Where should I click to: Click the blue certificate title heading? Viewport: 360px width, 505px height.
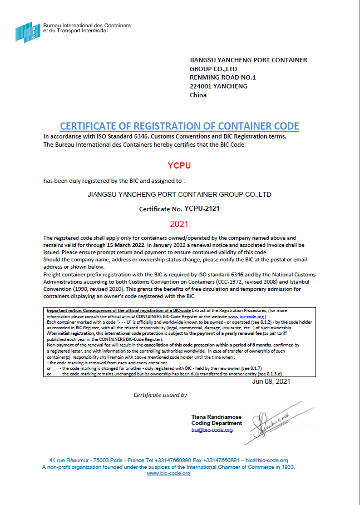click(179, 126)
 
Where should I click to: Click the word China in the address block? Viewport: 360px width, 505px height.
click(198, 95)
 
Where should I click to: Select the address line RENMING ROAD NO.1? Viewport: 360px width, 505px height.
click(223, 77)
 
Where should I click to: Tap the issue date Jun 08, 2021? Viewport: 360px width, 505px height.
click(271, 382)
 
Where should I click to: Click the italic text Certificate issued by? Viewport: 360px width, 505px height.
click(160, 395)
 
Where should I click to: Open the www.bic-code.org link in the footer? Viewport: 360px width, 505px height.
click(169, 473)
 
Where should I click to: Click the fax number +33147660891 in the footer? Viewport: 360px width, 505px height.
click(220, 461)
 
